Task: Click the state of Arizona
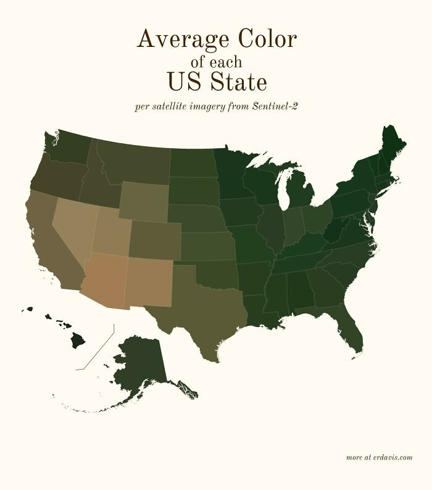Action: tap(104, 281)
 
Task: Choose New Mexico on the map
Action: tap(148, 281)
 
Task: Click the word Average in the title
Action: tap(178, 39)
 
